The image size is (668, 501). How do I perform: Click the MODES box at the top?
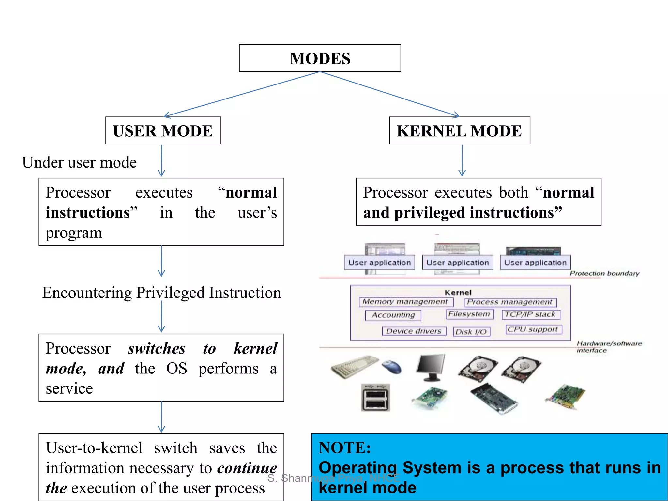point(320,58)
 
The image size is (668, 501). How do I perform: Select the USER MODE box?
point(163,131)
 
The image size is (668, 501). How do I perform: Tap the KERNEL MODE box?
point(459,131)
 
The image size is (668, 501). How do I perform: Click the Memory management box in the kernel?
point(405,302)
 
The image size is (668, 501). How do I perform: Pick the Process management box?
point(510,302)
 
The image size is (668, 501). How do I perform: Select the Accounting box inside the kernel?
point(393,315)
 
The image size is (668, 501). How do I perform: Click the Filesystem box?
point(469,314)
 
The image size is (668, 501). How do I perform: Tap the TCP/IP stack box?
point(530,314)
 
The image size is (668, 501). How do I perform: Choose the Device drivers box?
point(414,331)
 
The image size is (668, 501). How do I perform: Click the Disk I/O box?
point(471,332)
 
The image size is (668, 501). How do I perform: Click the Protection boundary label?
point(604,273)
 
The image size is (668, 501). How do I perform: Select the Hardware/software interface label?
point(608,346)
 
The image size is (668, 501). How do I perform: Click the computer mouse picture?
point(392,367)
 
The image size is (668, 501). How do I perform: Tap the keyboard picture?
point(355,367)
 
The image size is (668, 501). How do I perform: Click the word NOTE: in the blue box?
point(344,448)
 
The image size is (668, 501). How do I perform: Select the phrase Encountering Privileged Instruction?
point(161,293)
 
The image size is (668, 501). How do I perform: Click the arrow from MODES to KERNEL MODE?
point(390,94)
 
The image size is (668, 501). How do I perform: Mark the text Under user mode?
point(79,162)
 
